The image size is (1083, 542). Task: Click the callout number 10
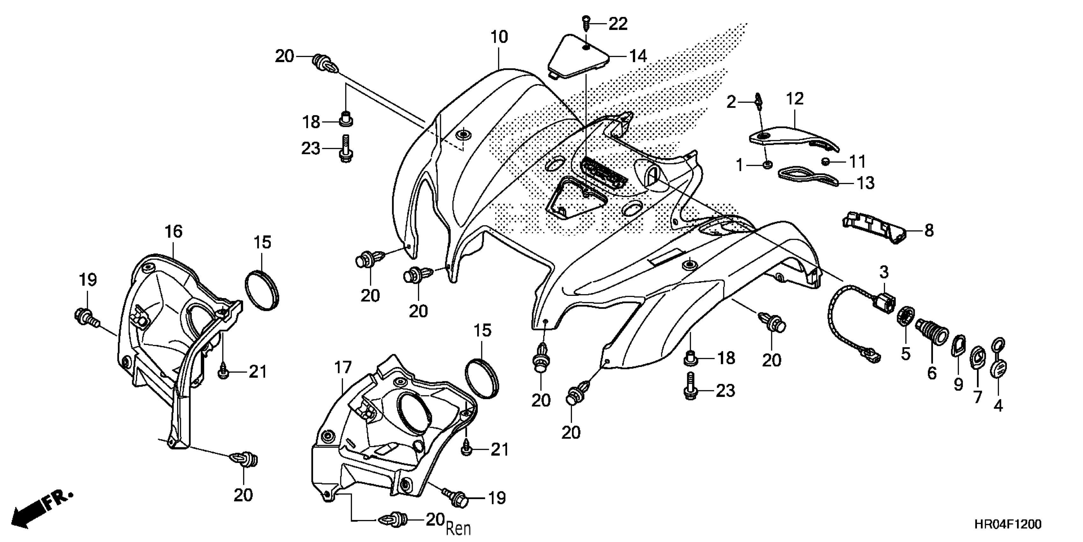click(499, 37)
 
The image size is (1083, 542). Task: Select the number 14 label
click(637, 56)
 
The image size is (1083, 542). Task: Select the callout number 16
click(173, 231)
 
